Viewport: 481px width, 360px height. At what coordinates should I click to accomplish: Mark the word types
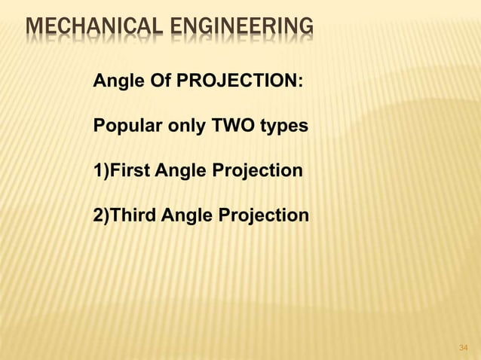[283, 127]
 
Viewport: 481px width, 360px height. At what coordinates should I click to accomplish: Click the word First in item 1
[131, 170]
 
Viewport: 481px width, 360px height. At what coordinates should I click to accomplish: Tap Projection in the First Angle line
[259, 171]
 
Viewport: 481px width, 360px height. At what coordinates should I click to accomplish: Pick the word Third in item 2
[133, 215]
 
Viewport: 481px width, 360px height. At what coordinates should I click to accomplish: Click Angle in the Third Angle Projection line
[188, 216]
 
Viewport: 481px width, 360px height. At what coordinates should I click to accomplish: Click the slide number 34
[464, 347]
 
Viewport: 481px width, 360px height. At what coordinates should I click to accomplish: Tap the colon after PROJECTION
[301, 81]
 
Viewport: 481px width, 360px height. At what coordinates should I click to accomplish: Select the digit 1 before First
[97, 170]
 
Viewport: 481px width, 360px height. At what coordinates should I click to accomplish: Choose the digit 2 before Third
[97, 215]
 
